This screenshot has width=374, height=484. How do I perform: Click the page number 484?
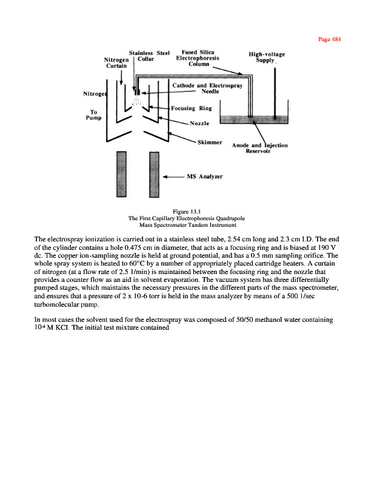329,39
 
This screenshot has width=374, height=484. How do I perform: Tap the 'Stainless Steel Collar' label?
149,56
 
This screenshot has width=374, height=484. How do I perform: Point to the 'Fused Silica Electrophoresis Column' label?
197,58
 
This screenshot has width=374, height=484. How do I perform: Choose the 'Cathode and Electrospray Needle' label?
208,88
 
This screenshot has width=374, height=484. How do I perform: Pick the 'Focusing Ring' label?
191,109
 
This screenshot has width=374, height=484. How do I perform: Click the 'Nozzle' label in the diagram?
199,123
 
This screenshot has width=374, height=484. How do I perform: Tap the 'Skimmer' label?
210,142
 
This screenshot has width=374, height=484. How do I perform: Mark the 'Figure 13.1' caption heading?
187,211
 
